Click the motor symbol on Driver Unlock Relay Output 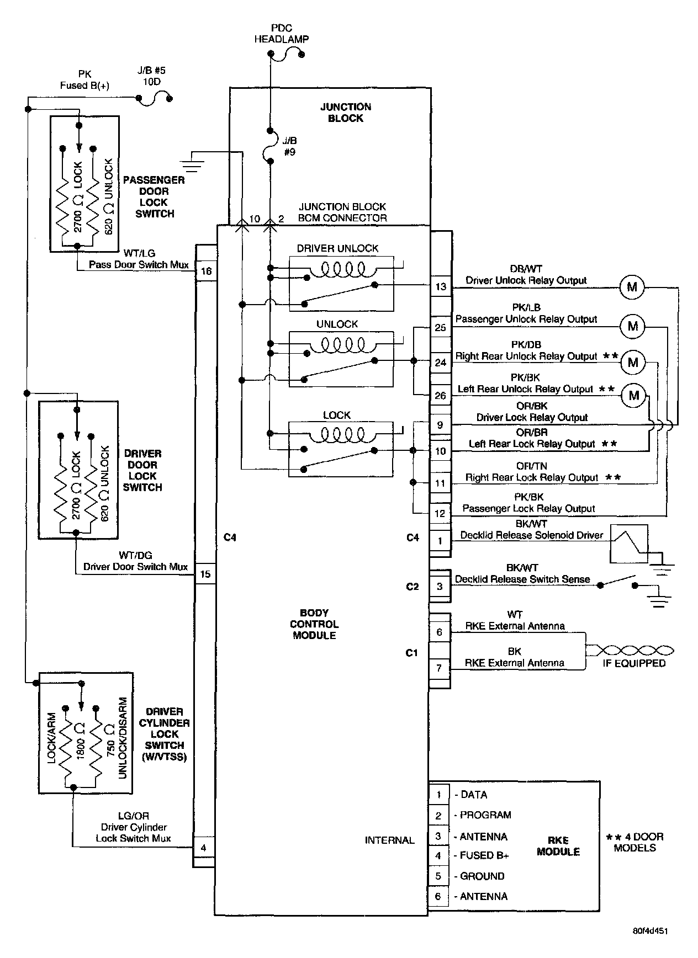(632, 287)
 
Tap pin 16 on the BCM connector (206, 271)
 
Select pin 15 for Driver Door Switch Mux (205, 574)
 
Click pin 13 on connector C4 (440, 286)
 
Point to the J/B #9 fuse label (289, 146)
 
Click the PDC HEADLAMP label (282, 34)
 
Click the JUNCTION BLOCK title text (346, 113)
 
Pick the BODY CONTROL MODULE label (314, 624)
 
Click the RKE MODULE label (558, 846)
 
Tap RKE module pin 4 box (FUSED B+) (438, 855)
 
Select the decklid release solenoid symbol (628, 544)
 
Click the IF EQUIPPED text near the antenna (634, 664)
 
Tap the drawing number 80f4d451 (650, 930)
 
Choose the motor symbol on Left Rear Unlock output (633, 395)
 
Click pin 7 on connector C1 (440, 668)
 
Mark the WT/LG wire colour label (139, 253)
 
